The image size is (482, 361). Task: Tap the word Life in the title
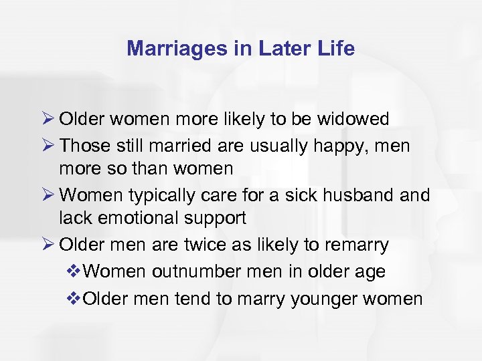[x=336, y=48]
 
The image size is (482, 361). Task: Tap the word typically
[x=161, y=195]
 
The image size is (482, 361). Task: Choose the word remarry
[x=355, y=245]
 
